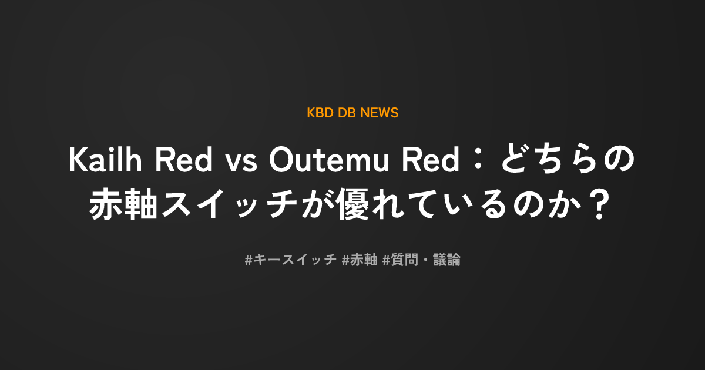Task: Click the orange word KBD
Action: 320,113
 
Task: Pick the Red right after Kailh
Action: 184,160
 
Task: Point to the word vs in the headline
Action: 241,164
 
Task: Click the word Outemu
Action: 329,160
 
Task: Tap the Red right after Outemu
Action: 431,160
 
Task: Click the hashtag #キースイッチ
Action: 291,260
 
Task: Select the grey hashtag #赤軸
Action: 360,260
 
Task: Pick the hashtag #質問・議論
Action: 421,260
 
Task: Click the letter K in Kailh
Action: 78,160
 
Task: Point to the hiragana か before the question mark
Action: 565,204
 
